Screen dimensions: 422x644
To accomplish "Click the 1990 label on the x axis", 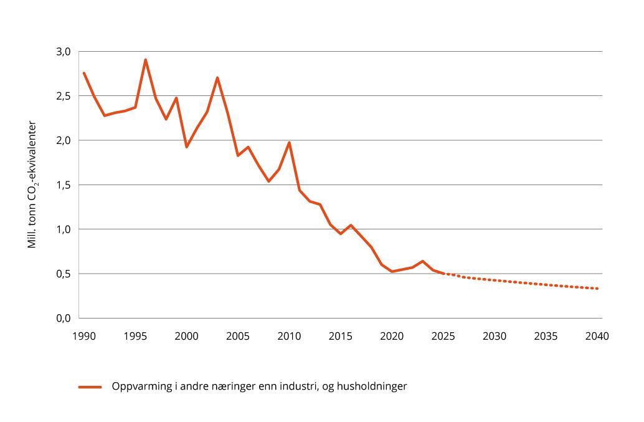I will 83,336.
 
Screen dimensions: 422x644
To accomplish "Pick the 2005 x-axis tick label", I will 237,336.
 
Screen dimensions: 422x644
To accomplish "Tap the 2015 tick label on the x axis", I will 340,336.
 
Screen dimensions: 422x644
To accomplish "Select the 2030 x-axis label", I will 494,336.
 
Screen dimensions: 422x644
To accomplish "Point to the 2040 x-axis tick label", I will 597,336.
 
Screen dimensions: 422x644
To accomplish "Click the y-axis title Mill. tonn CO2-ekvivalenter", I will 32,185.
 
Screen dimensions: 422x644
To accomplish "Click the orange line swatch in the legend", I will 90,387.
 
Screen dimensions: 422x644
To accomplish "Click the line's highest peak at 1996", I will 145,60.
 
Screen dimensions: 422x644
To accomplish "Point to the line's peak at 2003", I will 217,78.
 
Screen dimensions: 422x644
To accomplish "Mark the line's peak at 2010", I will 289,143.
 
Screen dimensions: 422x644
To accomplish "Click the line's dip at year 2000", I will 186,147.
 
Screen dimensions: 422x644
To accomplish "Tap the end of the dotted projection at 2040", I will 597,289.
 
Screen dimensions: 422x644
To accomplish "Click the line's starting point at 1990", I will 83,73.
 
